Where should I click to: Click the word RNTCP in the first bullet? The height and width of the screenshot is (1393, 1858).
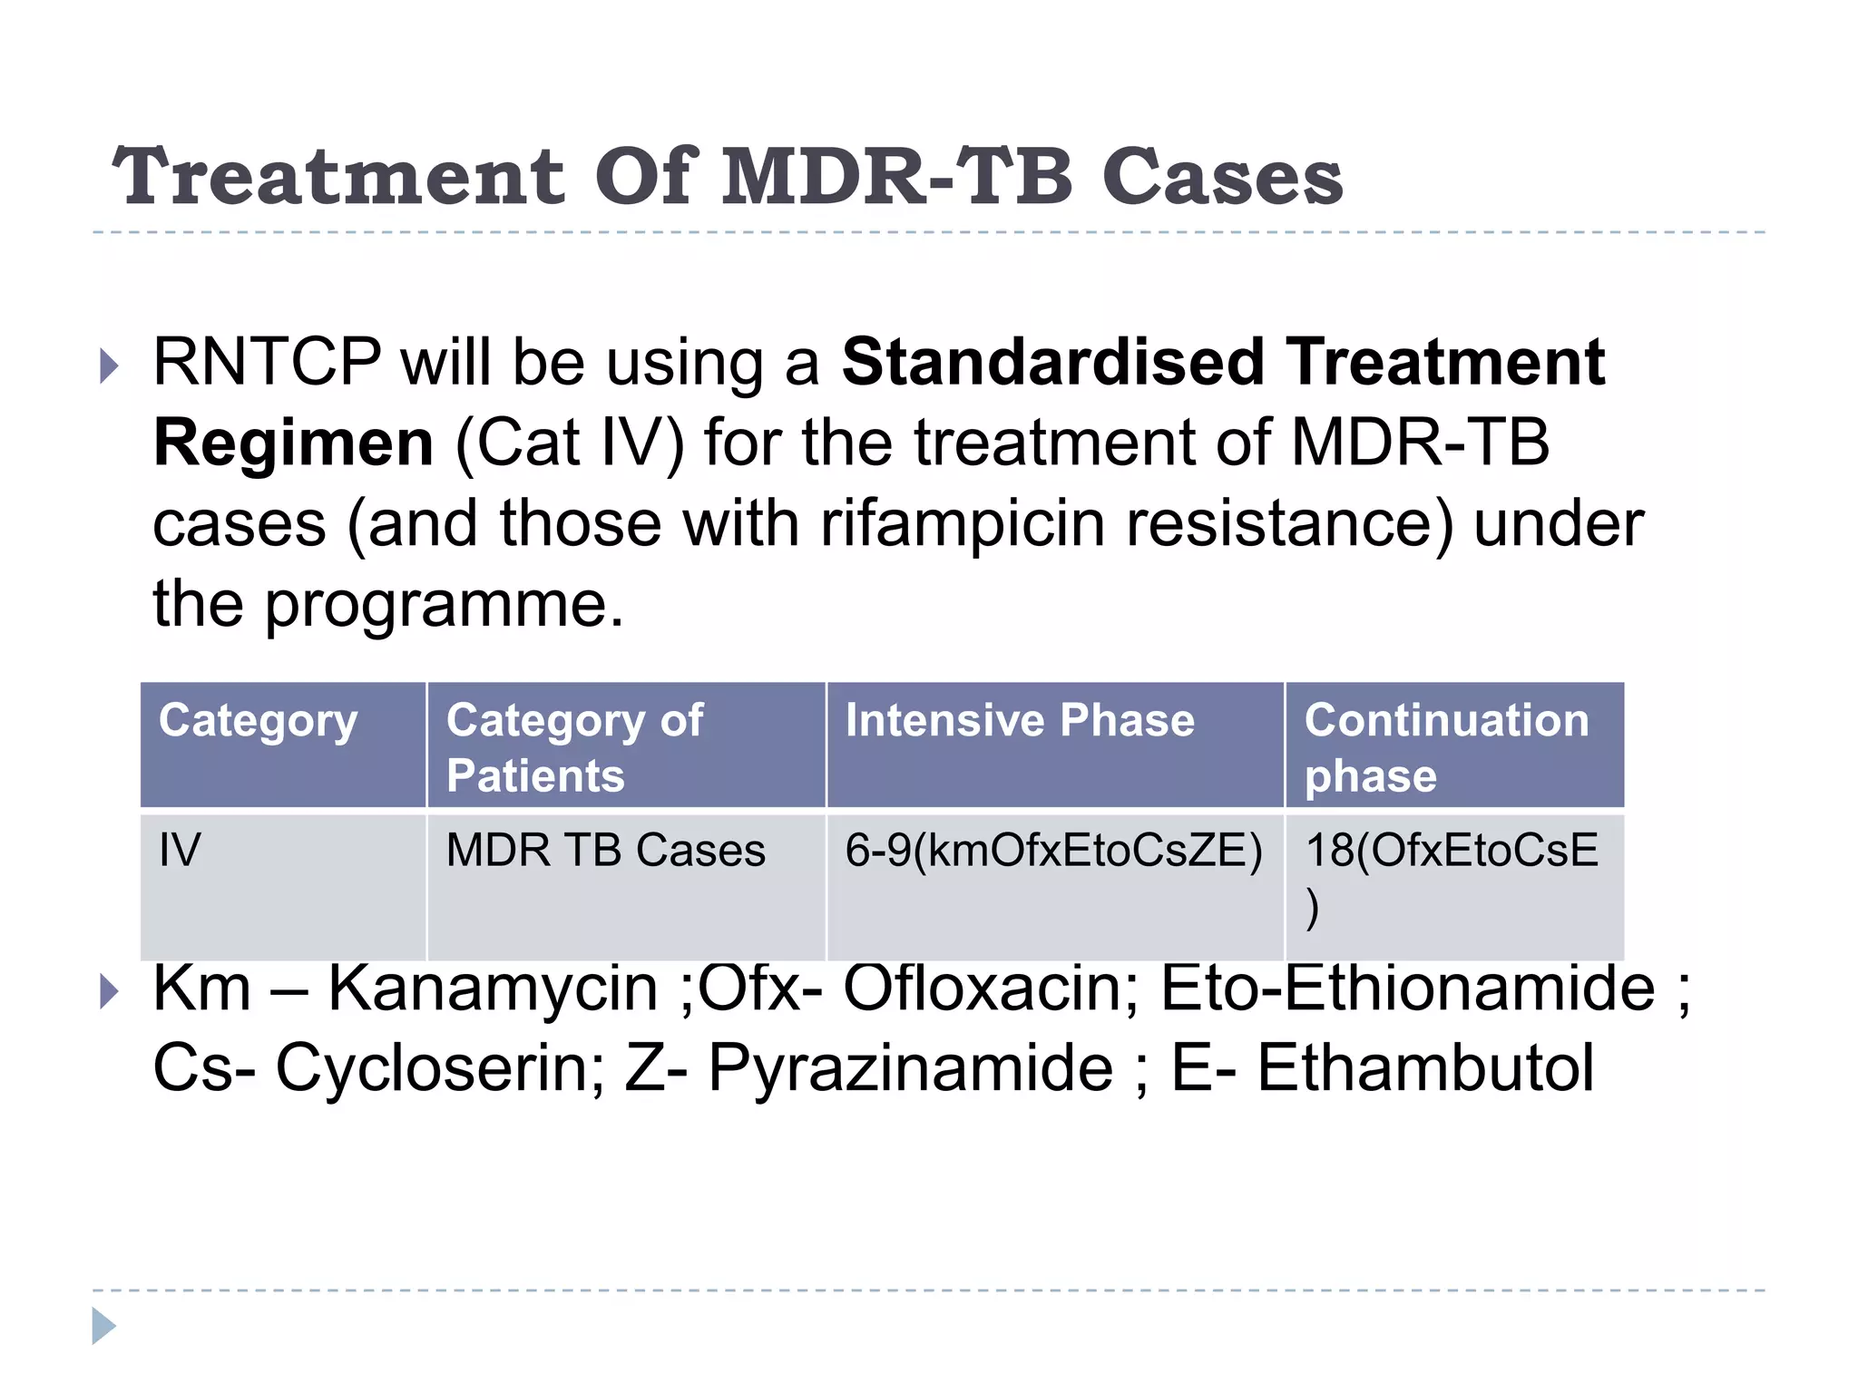coord(267,363)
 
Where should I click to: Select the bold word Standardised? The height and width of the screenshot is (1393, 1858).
coord(1052,363)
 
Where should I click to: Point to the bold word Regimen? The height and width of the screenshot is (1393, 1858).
coord(293,443)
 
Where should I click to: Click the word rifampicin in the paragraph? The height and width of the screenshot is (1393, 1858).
coord(963,524)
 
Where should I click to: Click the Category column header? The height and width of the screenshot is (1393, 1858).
coord(259,721)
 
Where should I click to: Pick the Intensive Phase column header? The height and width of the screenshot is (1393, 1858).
coord(1020,721)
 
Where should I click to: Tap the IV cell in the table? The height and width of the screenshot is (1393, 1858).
coord(180,851)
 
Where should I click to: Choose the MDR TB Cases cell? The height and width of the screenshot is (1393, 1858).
coord(605,851)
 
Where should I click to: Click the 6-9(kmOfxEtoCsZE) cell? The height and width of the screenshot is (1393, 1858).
coord(1053,851)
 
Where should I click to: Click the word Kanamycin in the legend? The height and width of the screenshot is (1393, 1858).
coord(493,989)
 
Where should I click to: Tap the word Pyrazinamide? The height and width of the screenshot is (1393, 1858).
coord(910,1068)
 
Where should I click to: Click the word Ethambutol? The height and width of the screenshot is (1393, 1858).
coord(1425,1068)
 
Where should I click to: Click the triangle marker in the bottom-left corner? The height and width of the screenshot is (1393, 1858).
coord(103,1326)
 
